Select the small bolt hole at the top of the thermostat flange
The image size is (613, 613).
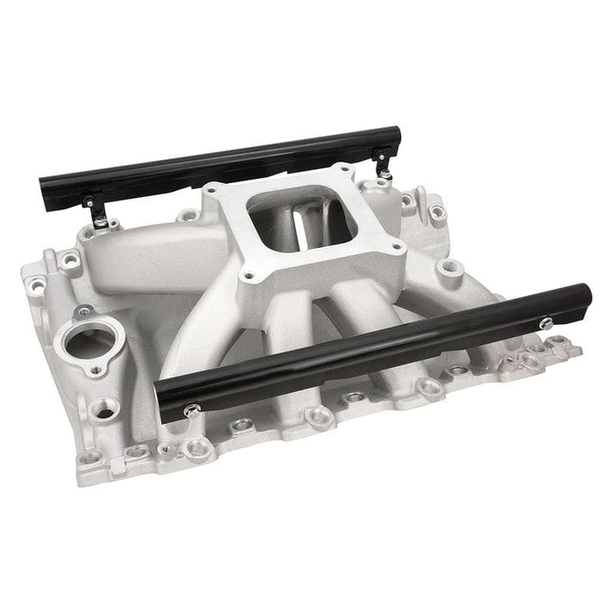pyautogui.click(x=84, y=312)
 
